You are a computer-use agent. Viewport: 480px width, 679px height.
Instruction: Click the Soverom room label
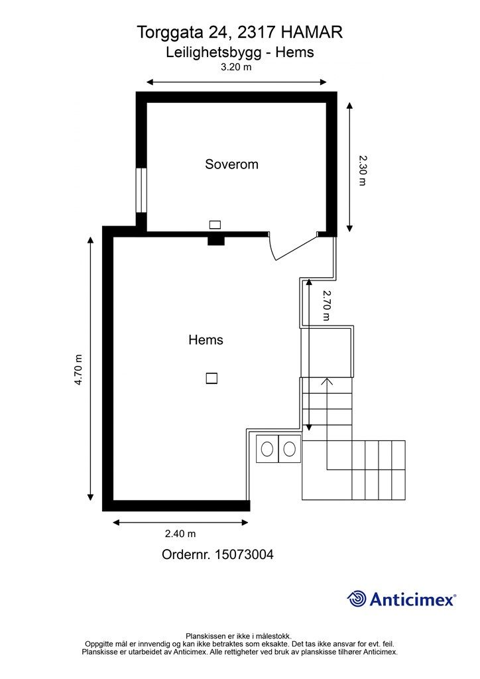[x=231, y=164]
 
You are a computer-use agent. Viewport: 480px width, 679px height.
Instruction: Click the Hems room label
[x=206, y=340]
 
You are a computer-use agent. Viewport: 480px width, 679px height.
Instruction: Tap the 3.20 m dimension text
[x=236, y=67]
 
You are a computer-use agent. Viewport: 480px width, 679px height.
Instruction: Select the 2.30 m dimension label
[x=363, y=170]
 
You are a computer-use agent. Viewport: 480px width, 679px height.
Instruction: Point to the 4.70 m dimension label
[x=78, y=370]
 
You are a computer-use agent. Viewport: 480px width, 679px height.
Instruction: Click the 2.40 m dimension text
[x=180, y=534]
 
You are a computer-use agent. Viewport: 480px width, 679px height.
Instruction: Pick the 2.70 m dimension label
[x=326, y=305]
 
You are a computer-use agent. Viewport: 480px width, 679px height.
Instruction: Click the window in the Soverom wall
[x=141, y=190]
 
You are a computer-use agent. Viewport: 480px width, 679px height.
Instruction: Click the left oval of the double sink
[x=267, y=449]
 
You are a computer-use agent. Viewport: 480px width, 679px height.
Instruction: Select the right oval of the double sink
[x=289, y=449]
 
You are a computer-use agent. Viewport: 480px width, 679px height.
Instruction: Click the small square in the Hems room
[x=211, y=379]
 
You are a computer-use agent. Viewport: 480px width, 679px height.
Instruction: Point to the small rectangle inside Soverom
[x=215, y=225]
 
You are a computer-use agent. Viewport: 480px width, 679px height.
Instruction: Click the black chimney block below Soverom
[x=216, y=240]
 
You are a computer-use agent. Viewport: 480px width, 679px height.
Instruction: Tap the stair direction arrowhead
[x=327, y=381]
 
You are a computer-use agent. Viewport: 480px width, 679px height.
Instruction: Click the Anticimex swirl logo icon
[x=357, y=599]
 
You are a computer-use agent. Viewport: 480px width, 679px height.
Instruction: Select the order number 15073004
[x=244, y=555]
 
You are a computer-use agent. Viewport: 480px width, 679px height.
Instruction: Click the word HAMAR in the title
[x=312, y=32]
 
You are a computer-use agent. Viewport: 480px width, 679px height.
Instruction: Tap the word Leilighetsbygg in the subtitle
[x=214, y=53]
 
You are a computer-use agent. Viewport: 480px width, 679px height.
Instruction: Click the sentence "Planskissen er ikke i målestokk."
[x=239, y=636]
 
